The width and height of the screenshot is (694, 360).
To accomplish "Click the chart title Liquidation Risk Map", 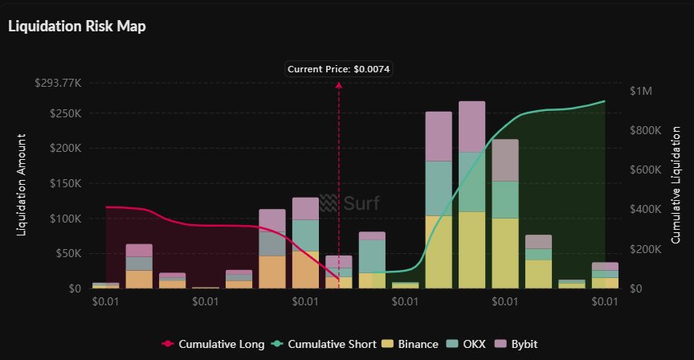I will point(76,26).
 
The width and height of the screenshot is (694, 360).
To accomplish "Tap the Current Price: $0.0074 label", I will point(338,68).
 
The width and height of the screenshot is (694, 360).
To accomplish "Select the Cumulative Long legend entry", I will point(213,344).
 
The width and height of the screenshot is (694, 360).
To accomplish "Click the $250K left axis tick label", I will point(63,113).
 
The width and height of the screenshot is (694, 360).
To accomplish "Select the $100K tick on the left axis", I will point(63,219).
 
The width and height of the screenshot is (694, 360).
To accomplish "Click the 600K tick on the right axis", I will point(645,170).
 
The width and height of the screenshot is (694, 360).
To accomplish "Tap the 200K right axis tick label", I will point(645,249).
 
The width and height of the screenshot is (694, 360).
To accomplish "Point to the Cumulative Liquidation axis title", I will point(676,185).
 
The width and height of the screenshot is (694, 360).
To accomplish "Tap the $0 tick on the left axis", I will point(73,288).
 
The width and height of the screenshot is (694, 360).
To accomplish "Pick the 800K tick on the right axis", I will point(645,130).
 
